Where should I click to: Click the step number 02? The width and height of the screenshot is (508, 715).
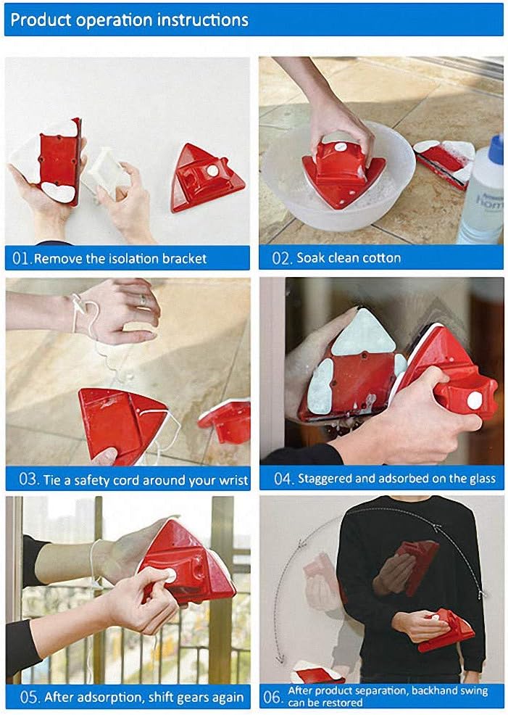click(280, 257)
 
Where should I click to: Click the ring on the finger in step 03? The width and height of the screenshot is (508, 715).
click(143, 300)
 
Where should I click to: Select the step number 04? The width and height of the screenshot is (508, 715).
click(283, 479)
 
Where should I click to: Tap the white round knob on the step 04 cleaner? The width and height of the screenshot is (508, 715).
click(474, 400)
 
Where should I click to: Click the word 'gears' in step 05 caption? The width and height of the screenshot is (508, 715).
click(175, 698)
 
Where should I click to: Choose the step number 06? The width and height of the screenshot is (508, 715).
click(272, 698)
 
